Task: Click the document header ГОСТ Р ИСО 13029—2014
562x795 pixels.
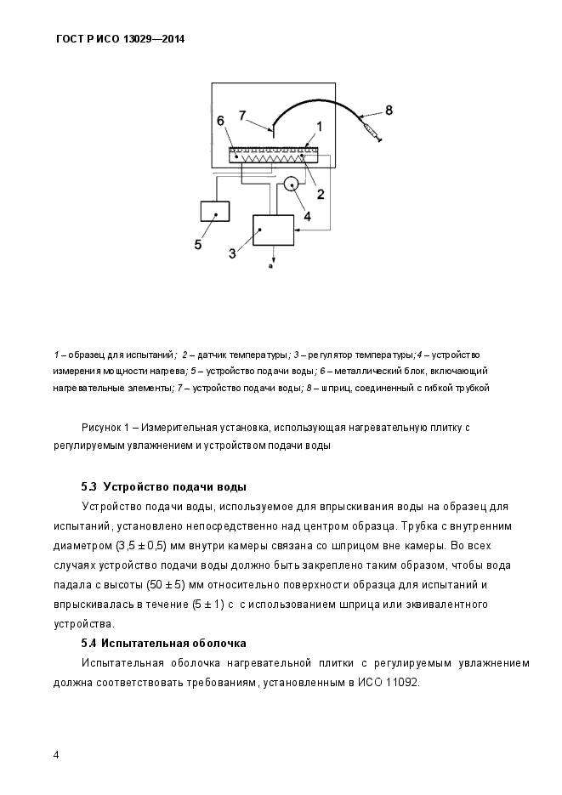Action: point(120,39)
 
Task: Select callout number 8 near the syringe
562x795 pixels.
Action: point(389,109)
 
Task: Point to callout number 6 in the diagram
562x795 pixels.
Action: point(221,122)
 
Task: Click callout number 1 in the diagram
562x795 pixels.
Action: point(320,125)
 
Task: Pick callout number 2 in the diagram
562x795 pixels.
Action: point(321,193)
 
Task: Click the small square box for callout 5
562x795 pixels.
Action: point(215,210)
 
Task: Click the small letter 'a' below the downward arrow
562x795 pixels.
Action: point(270,267)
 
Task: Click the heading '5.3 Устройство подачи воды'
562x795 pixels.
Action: point(163,487)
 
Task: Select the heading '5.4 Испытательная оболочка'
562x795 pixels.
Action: point(163,643)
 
